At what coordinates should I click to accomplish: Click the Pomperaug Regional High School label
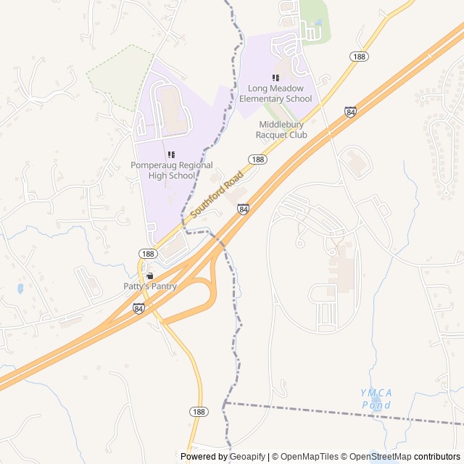(x=162, y=170)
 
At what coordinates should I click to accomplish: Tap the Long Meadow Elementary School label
(x=275, y=94)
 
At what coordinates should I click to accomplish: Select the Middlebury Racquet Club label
(x=282, y=130)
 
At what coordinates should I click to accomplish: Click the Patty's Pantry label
(x=149, y=286)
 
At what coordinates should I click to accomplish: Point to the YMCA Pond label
(x=376, y=398)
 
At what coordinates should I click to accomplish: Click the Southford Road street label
(x=217, y=194)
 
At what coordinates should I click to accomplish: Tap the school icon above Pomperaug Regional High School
(x=172, y=154)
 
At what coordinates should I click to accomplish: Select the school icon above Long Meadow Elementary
(x=275, y=78)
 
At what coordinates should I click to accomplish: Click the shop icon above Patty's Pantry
(x=149, y=276)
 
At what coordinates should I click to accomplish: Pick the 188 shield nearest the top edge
(x=358, y=56)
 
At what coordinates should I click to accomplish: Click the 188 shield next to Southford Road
(x=257, y=159)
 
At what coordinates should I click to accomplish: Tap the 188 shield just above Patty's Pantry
(x=147, y=253)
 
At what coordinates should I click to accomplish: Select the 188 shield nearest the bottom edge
(x=199, y=411)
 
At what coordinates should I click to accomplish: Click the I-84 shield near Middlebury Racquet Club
(x=351, y=112)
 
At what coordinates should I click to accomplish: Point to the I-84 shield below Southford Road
(x=243, y=209)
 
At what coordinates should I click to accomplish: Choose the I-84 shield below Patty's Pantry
(x=138, y=308)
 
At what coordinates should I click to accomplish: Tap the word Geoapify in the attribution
(x=247, y=457)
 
